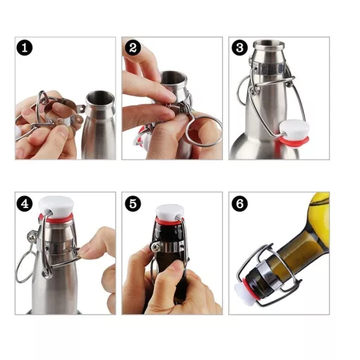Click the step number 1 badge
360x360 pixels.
click(25, 48)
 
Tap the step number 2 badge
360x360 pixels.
click(133, 48)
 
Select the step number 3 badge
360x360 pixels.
click(239, 48)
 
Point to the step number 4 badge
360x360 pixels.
click(25, 204)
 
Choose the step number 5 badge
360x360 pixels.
click(133, 204)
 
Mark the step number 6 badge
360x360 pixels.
click(239, 204)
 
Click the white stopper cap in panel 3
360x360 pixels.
click(294, 129)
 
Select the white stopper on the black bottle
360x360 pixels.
click(170, 212)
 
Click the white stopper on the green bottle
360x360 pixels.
click(245, 293)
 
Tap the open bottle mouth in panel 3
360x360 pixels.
click(269, 44)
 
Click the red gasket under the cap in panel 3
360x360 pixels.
click(293, 140)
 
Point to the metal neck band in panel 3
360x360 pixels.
click(269, 68)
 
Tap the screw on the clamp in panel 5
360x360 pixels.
click(155, 247)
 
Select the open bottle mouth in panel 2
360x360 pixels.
click(174, 79)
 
